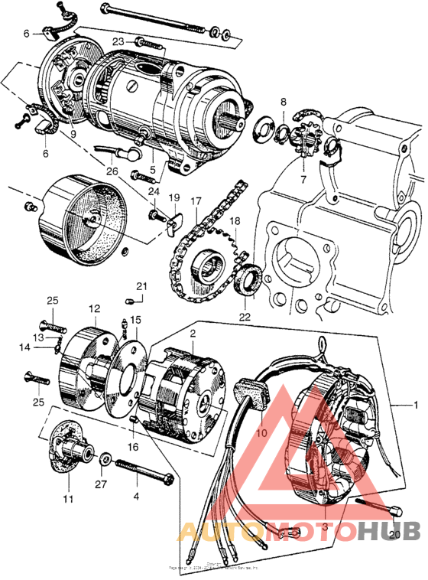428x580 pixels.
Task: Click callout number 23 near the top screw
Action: (x=119, y=42)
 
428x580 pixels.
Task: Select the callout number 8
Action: (x=283, y=101)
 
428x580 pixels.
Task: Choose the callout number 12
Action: (x=93, y=308)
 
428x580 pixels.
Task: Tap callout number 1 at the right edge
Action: (x=416, y=403)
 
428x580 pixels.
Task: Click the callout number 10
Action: (x=261, y=432)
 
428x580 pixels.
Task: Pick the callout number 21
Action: (x=141, y=286)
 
